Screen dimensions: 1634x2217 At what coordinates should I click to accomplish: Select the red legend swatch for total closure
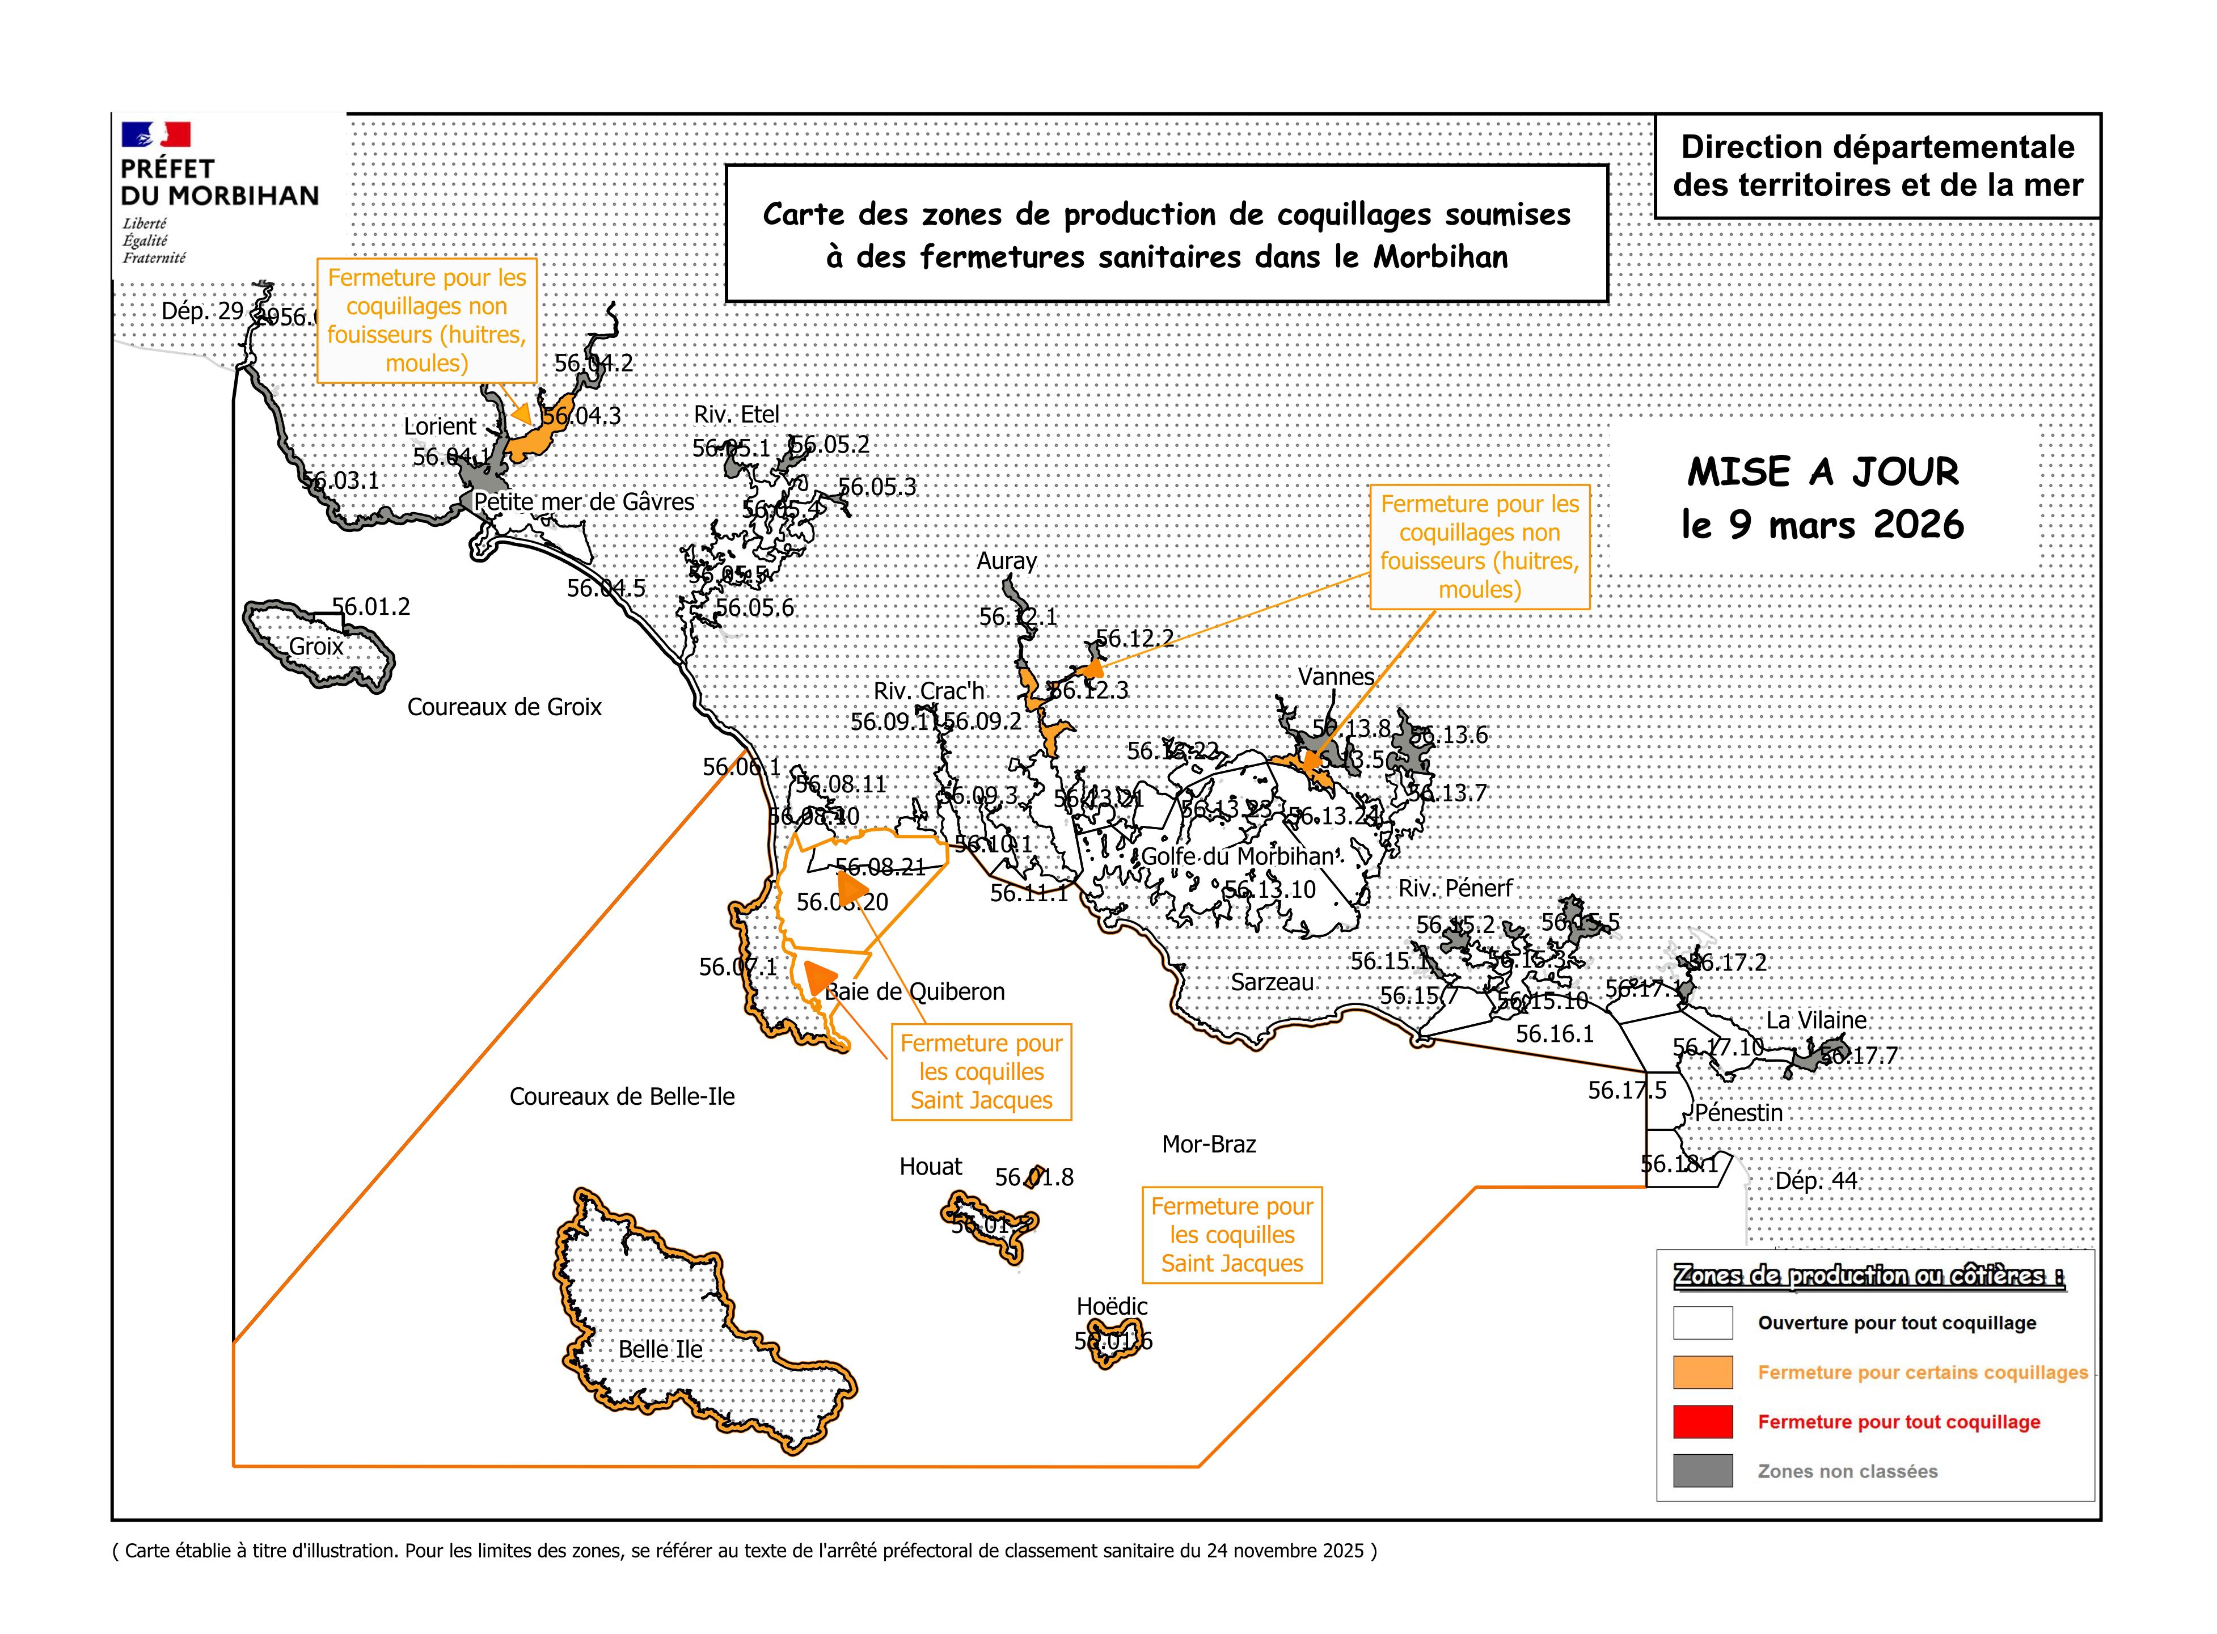click(1702, 1421)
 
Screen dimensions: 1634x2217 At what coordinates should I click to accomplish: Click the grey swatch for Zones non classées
click(1702, 1471)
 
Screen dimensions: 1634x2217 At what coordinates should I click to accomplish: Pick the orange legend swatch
click(1702, 1372)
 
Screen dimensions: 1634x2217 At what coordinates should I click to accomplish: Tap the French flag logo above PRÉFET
click(155, 134)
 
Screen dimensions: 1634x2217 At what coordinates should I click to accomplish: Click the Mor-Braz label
click(1209, 1145)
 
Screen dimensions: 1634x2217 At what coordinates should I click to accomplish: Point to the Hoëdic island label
click(1112, 1307)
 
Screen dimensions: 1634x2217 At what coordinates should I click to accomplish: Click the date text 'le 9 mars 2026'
click(1822, 524)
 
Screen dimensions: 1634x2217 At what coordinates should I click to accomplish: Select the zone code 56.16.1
click(1555, 1033)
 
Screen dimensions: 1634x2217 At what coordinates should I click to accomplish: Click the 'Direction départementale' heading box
click(1877, 165)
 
